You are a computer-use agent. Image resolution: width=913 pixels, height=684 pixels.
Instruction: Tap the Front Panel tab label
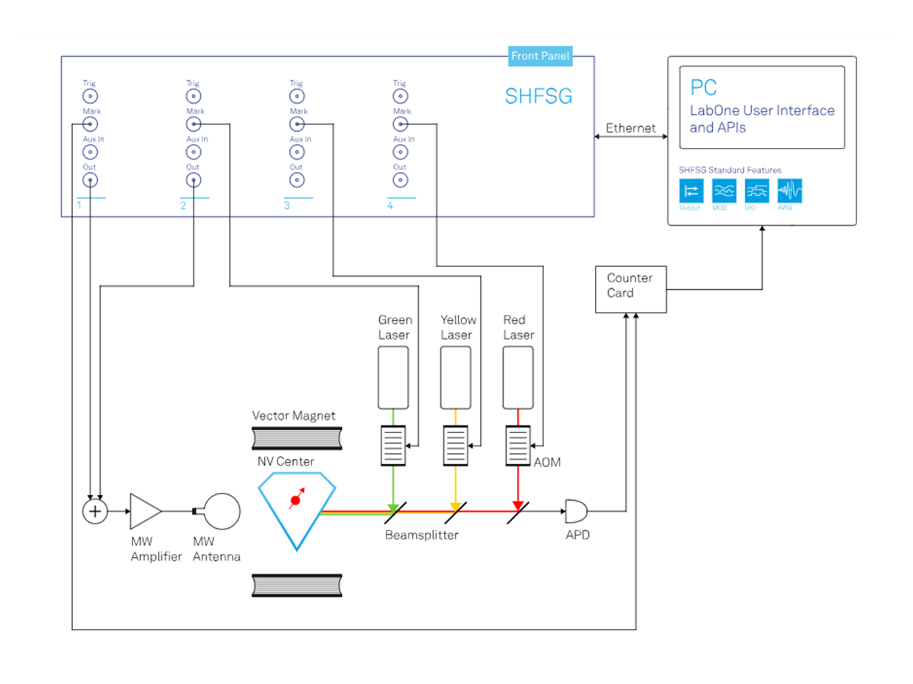(540, 56)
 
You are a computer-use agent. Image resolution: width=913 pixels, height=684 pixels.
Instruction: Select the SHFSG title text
(537, 96)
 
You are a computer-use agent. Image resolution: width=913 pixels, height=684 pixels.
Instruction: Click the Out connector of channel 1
(90, 180)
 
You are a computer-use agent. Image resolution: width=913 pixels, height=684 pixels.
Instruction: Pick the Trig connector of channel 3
(296, 96)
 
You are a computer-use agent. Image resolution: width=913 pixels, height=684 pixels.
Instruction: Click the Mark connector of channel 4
(399, 124)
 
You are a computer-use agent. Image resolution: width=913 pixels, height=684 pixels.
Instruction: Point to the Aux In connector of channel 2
(193, 152)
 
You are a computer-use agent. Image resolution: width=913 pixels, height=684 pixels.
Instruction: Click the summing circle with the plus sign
(94, 510)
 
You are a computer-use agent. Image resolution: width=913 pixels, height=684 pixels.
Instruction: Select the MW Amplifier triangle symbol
(144, 510)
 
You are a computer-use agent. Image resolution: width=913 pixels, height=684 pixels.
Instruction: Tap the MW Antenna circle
(222, 510)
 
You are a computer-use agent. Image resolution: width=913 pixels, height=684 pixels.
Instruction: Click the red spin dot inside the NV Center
(296, 502)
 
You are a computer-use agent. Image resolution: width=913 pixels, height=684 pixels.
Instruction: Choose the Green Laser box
(393, 377)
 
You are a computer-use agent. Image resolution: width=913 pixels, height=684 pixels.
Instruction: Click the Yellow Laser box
(456, 377)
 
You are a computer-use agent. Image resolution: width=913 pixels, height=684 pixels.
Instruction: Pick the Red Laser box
(518, 377)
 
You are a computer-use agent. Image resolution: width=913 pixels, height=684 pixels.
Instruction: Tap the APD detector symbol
(574, 510)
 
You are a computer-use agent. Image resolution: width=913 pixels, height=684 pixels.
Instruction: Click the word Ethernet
(630, 129)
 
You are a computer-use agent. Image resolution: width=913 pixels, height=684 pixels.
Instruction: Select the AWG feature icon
(790, 191)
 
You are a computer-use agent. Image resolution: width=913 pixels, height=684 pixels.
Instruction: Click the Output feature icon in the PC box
(691, 191)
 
